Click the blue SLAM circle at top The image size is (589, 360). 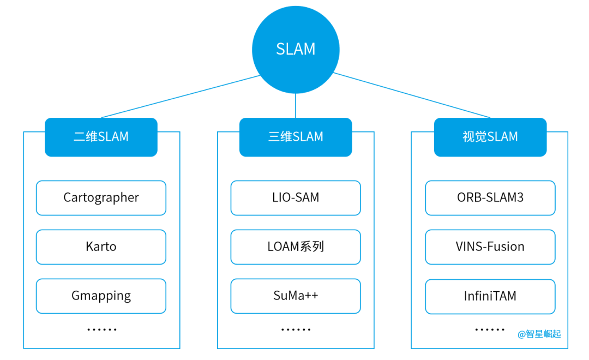[296, 49]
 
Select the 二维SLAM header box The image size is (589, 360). [101, 137]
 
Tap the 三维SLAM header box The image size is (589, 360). [296, 137]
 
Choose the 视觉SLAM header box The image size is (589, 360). [490, 137]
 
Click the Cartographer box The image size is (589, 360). [101, 197]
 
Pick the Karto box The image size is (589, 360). [101, 247]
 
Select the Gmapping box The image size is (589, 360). [101, 296]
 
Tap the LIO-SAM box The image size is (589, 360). [296, 197]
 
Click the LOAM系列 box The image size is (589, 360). [296, 247]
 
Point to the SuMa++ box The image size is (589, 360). [296, 296]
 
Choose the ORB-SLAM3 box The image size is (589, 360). [490, 197]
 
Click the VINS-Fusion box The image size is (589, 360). [490, 247]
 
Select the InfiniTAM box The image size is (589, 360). [490, 296]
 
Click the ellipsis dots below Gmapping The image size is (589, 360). [102, 329]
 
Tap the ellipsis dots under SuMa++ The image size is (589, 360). [296, 329]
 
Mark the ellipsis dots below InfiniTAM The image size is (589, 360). [490, 329]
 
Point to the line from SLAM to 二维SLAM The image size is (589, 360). [180, 97]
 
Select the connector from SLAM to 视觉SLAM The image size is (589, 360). [412, 95]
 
